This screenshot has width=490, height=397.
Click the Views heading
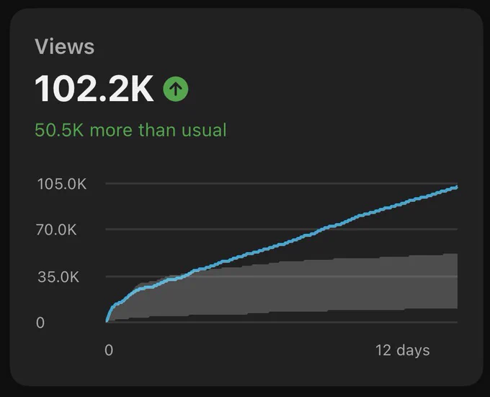pos(64,47)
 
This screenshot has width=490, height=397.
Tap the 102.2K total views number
pos(94,89)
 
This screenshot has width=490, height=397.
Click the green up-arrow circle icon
pos(176,89)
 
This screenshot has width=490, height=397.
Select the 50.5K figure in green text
pos(59,130)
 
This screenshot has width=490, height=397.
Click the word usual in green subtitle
pos(204,130)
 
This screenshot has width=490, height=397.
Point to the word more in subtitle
pos(111,131)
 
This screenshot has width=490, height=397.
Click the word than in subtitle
pos(156,130)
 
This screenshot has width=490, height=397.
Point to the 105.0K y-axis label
pos(62,184)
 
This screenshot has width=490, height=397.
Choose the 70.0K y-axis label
pos(56,230)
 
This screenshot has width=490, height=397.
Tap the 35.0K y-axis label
pos(58,277)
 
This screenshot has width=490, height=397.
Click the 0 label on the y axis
pos(40,323)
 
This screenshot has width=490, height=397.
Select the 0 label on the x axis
pos(109,350)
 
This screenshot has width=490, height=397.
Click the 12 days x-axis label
pos(403,351)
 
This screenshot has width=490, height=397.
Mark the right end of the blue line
pos(457,187)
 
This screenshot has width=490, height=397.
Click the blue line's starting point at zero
pos(107,321)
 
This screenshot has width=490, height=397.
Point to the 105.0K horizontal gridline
pos(282,183)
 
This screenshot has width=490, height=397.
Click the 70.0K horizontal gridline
pos(282,230)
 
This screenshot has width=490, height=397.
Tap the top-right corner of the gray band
pos(458,253)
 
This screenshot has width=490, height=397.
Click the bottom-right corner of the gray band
pos(458,308)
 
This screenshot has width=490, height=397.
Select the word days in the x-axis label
pos(413,351)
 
